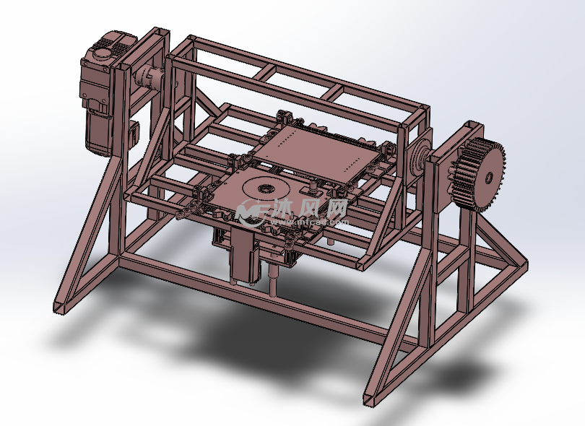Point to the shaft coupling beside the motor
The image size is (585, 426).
click(147, 78)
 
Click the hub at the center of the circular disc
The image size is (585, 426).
click(266, 188)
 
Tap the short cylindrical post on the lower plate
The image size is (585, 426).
click(312, 186)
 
